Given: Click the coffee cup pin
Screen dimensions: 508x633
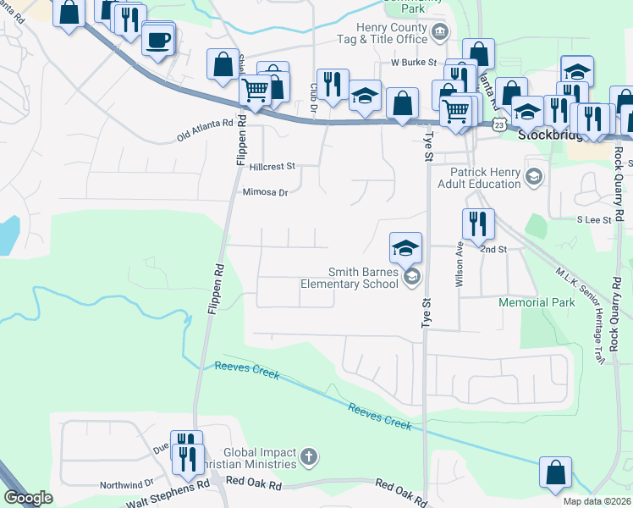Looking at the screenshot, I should coord(158,39).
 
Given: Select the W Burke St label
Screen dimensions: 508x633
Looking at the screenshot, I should coord(413,63).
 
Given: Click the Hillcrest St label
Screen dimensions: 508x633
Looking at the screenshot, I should coord(272,167).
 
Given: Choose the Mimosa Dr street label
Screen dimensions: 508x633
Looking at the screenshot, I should coord(266,192).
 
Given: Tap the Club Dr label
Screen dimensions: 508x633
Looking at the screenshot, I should coord(313,94).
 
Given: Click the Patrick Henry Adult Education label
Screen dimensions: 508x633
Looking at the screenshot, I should coord(479,177).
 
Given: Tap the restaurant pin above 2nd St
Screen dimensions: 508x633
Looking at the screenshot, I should coord(478,224).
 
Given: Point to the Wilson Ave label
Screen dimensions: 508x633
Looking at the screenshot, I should coord(460,268).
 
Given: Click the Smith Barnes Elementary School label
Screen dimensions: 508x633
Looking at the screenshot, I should coord(350,278).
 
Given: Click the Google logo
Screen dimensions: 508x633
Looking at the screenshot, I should coord(28,497).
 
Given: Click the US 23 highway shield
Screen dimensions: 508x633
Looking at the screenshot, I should coord(500,124).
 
